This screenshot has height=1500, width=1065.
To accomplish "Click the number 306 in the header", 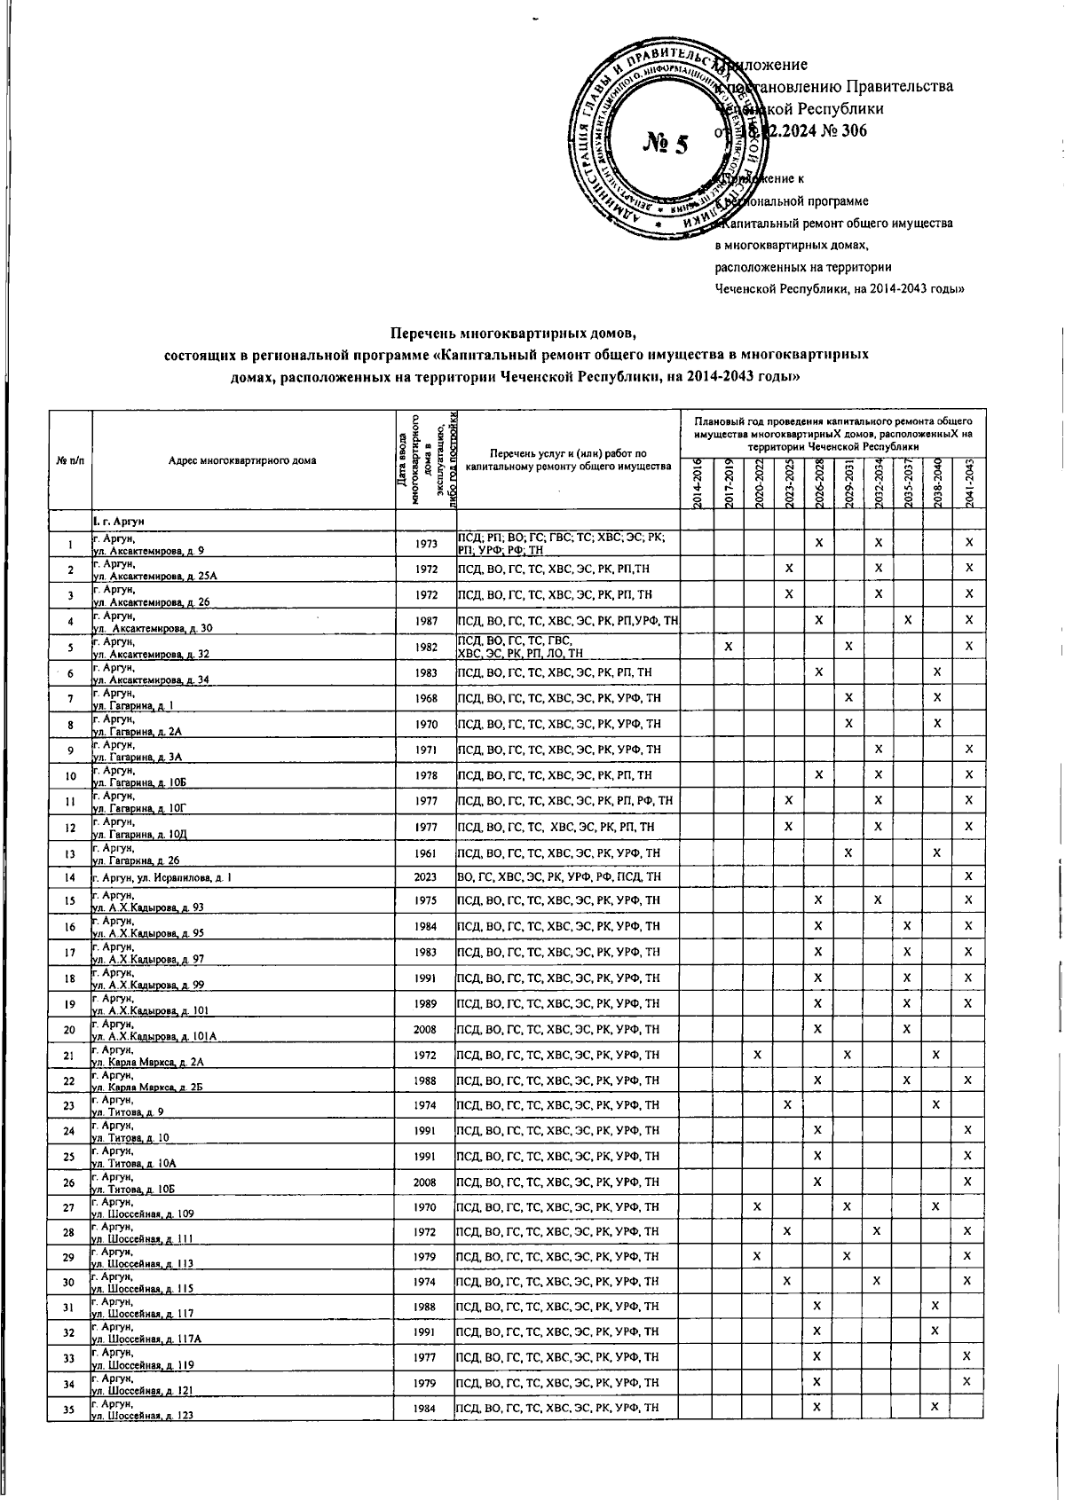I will point(848,130).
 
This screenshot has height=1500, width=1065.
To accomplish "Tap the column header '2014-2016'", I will point(698,484).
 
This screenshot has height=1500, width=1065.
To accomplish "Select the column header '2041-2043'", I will point(970,484).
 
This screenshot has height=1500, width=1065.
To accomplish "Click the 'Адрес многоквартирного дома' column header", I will point(245,460).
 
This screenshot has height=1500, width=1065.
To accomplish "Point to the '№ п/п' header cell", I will point(70,460).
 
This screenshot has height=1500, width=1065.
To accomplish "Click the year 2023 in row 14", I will point(424,876).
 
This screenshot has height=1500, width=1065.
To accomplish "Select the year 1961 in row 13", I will point(424,852).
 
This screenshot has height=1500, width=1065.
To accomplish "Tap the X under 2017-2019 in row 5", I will point(728,646).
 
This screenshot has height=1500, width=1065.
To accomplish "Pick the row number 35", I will point(69,1409).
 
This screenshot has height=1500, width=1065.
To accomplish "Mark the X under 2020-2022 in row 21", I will point(757,1054).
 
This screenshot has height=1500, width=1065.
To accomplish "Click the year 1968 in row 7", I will point(424,698).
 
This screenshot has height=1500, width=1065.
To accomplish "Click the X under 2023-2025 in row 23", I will point(787,1104).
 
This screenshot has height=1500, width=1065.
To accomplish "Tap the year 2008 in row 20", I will point(424,1029).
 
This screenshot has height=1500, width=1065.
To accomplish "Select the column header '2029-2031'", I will point(849,484).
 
